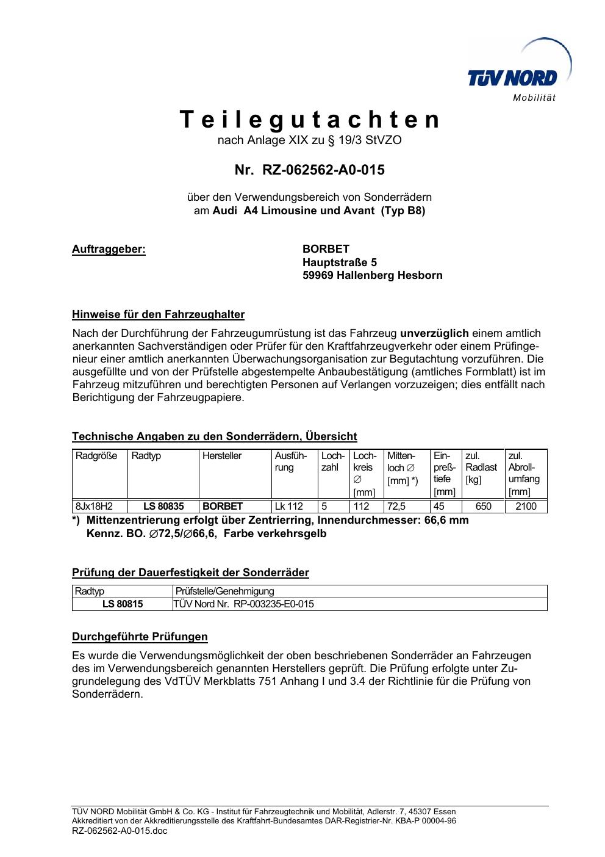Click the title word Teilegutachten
(310, 120)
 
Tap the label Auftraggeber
(109, 249)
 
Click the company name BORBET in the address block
(326, 249)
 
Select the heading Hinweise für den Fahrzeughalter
(158, 315)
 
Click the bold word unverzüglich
(434, 333)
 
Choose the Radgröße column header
(96, 456)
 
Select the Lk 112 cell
(288, 506)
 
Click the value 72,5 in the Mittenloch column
(396, 506)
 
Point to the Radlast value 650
(483, 506)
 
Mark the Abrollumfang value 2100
(526, 506)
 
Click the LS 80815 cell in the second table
(123, 604)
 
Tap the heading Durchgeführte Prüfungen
(140, 637)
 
